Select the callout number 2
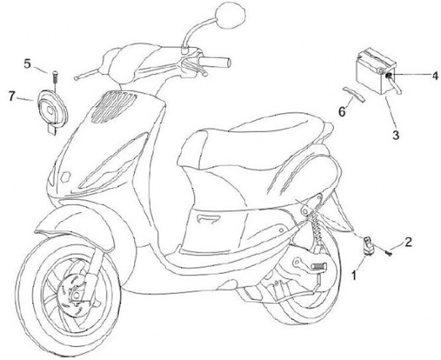tap(408, 240)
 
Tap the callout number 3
tap(396, 133)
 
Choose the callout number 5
tap(28, 63)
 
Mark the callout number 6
tap(342, 111)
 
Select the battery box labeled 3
tap(373, 72)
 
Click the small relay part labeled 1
tap(369, 243)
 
